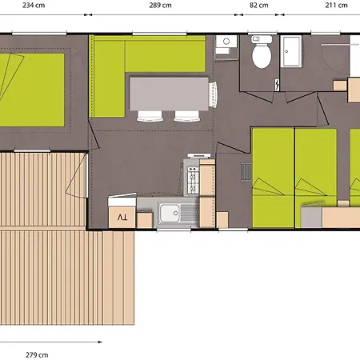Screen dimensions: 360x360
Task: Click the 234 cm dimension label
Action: click(34, 5)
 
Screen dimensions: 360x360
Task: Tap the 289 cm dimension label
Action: click(160, 5)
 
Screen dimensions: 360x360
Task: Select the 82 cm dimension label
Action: click(258, 5)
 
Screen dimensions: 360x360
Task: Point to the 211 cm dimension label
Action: click(336, 5)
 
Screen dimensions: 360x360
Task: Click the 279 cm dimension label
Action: click(37, 355)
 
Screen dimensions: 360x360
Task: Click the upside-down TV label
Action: click(122, 218)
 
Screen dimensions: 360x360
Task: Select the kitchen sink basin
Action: click(170, 213)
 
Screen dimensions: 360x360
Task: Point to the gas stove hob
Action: click(193, 180)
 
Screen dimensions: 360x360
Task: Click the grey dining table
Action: click(169, 94)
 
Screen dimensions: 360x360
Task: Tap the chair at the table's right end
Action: click(213, 94)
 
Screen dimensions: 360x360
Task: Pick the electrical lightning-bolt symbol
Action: click(278, 85)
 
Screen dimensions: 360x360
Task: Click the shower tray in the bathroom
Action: click(291, 51)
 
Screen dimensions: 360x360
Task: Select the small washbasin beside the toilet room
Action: click(226, 42)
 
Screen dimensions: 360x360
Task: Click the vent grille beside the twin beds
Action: click(246, 172)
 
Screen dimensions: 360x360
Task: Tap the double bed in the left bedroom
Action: click(32, 90)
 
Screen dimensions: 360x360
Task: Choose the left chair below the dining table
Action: click(150, 116)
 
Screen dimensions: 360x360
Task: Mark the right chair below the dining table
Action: click(186, 116)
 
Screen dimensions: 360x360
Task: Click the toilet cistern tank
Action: click(262, 39)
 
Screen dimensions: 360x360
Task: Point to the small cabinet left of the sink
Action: click(145, 220)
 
